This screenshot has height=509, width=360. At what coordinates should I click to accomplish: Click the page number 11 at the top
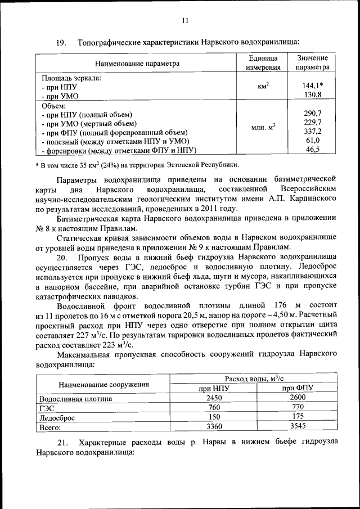tap(185, 21)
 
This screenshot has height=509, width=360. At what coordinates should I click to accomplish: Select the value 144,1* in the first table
tap(313, 86)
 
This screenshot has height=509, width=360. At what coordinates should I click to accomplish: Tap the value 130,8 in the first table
tap(313, 95)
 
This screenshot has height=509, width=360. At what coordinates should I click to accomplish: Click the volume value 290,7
tap(313, 113)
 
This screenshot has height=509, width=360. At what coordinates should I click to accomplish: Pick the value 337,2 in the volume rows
tap(313, 131)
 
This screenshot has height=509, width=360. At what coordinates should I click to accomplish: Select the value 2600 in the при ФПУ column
tap(298, 398)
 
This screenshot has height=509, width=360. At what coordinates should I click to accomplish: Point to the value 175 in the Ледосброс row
tap(298, 417)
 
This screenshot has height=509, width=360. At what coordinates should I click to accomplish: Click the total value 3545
tap(298, 426)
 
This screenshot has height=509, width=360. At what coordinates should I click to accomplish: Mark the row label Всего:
tap(50, 427)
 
